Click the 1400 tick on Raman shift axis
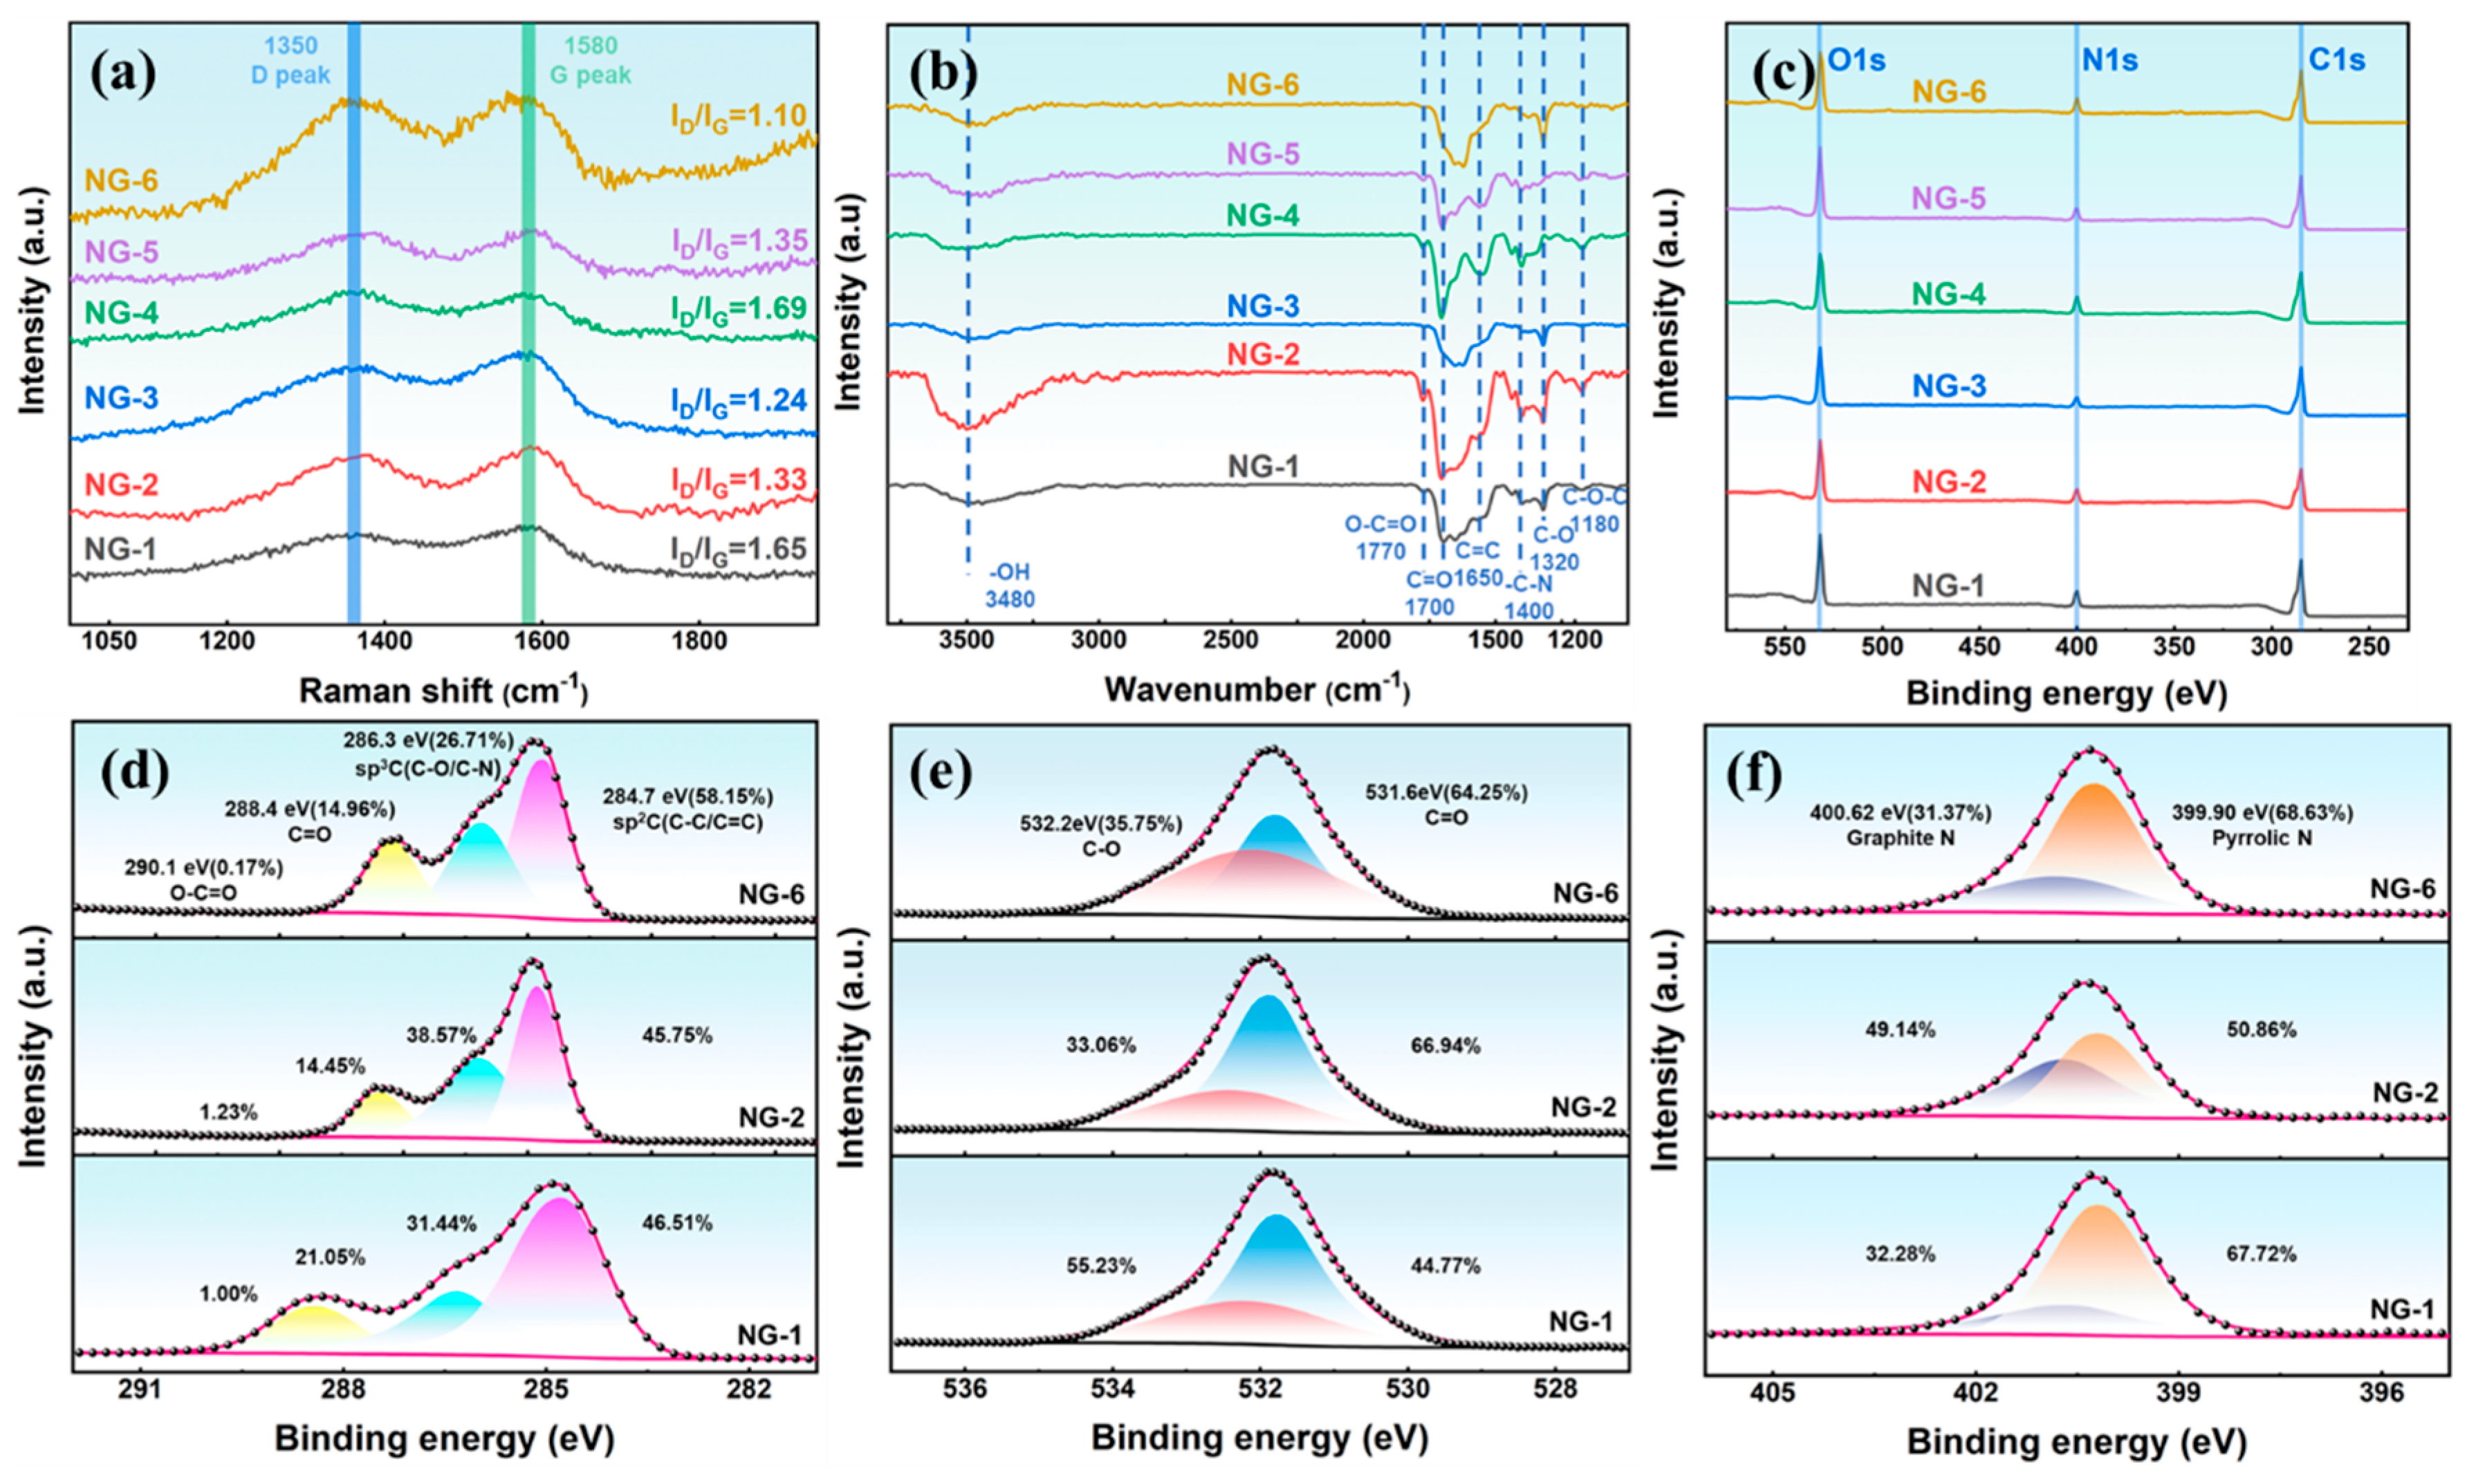tap(384, 639)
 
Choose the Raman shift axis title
tap(443, 690)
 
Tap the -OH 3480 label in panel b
tap(1009, 586)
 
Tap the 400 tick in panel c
tap(2076, 646)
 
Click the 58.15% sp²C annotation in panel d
tap(687, 809)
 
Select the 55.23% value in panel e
tap(1100, 1266)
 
